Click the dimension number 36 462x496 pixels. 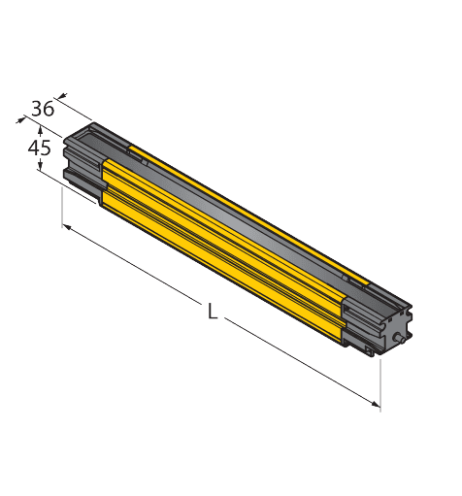42,108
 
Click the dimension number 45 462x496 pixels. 39,149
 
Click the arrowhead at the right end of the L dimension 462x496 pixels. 376,403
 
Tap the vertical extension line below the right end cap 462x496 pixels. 379,383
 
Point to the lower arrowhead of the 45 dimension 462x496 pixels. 40,168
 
